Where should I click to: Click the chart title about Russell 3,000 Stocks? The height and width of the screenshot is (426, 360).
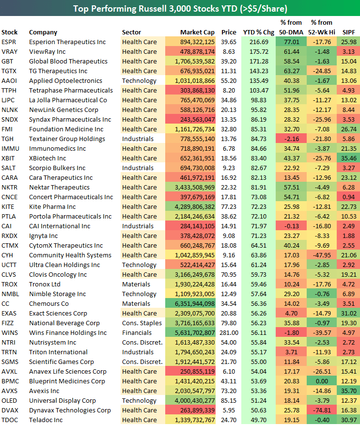tap(180, 8)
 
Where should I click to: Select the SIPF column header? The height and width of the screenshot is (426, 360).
tap(348, 32)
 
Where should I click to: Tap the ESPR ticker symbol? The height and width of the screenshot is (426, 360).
tap(9, 42)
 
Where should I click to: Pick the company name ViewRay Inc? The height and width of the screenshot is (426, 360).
tap(47, 52)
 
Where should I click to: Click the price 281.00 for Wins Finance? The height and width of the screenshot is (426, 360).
tap(229, 333)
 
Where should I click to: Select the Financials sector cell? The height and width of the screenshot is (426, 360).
tap(137, 333)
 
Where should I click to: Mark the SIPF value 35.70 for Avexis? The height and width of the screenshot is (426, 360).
tap(348, 391)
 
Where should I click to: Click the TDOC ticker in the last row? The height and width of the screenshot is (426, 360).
tap(9, 420)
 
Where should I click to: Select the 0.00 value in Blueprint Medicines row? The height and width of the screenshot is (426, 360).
tap(323, 381)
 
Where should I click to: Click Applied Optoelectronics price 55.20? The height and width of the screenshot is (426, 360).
tap(229, 81)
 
